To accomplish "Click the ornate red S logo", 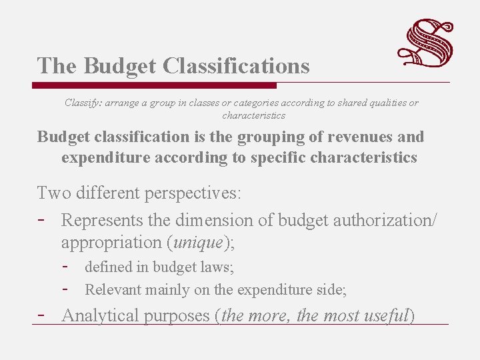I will click(x=425, y=43).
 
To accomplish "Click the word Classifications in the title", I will click(x=235, y=66).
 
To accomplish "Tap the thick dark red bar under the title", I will click(x=155, y=85).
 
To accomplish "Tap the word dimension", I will click(x=220, y=220).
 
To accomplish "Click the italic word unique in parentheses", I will click(x=198, y=242).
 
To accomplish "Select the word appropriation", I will click(x=113, y=242).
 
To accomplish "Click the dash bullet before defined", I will click(x=66, y=266).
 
